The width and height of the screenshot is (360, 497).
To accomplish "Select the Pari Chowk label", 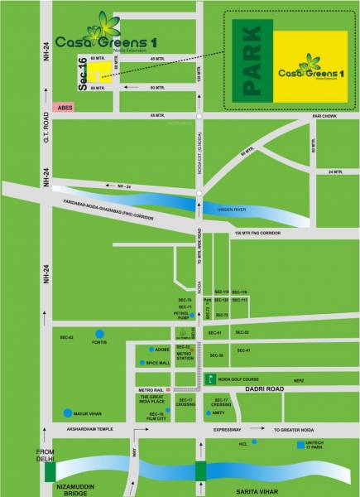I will (x=323, y=117).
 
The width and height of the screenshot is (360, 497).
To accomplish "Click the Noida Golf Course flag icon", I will (x=210, y=379).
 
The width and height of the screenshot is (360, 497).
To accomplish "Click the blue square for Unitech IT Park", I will (x=300, y=444).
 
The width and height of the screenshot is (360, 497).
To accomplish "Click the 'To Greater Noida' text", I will (x=295, y=431).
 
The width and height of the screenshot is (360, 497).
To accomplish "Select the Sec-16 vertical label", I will (x=82, y=75).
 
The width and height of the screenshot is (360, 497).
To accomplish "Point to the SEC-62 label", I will (x=66, y=337).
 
